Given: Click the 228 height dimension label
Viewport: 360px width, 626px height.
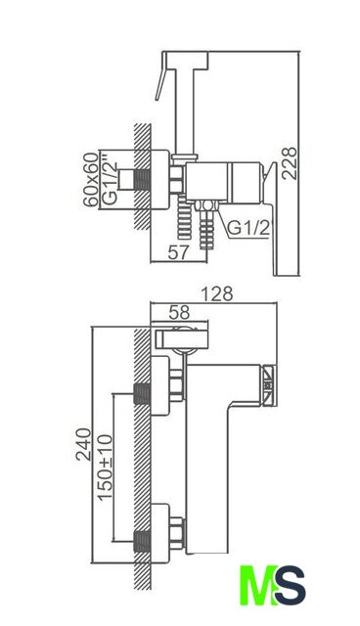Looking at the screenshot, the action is click(x=290, y=163).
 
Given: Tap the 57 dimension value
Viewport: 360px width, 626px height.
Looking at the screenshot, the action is click(x=178, y=252).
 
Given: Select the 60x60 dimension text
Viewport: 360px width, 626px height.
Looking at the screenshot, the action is click(x=91, y=179).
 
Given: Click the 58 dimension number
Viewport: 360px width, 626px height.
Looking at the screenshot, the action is click(x=179, y=313).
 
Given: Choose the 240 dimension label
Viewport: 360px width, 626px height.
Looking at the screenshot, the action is click(x=83, y=444).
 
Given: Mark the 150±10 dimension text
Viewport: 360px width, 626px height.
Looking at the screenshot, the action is click(x=106, y=468).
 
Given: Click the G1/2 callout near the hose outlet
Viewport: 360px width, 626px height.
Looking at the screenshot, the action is click(x=247, y=228).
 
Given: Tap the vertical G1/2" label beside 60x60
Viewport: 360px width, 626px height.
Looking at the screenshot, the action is click(x=110, y=183).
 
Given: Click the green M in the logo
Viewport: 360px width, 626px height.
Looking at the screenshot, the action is click(x=257, y=585).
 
